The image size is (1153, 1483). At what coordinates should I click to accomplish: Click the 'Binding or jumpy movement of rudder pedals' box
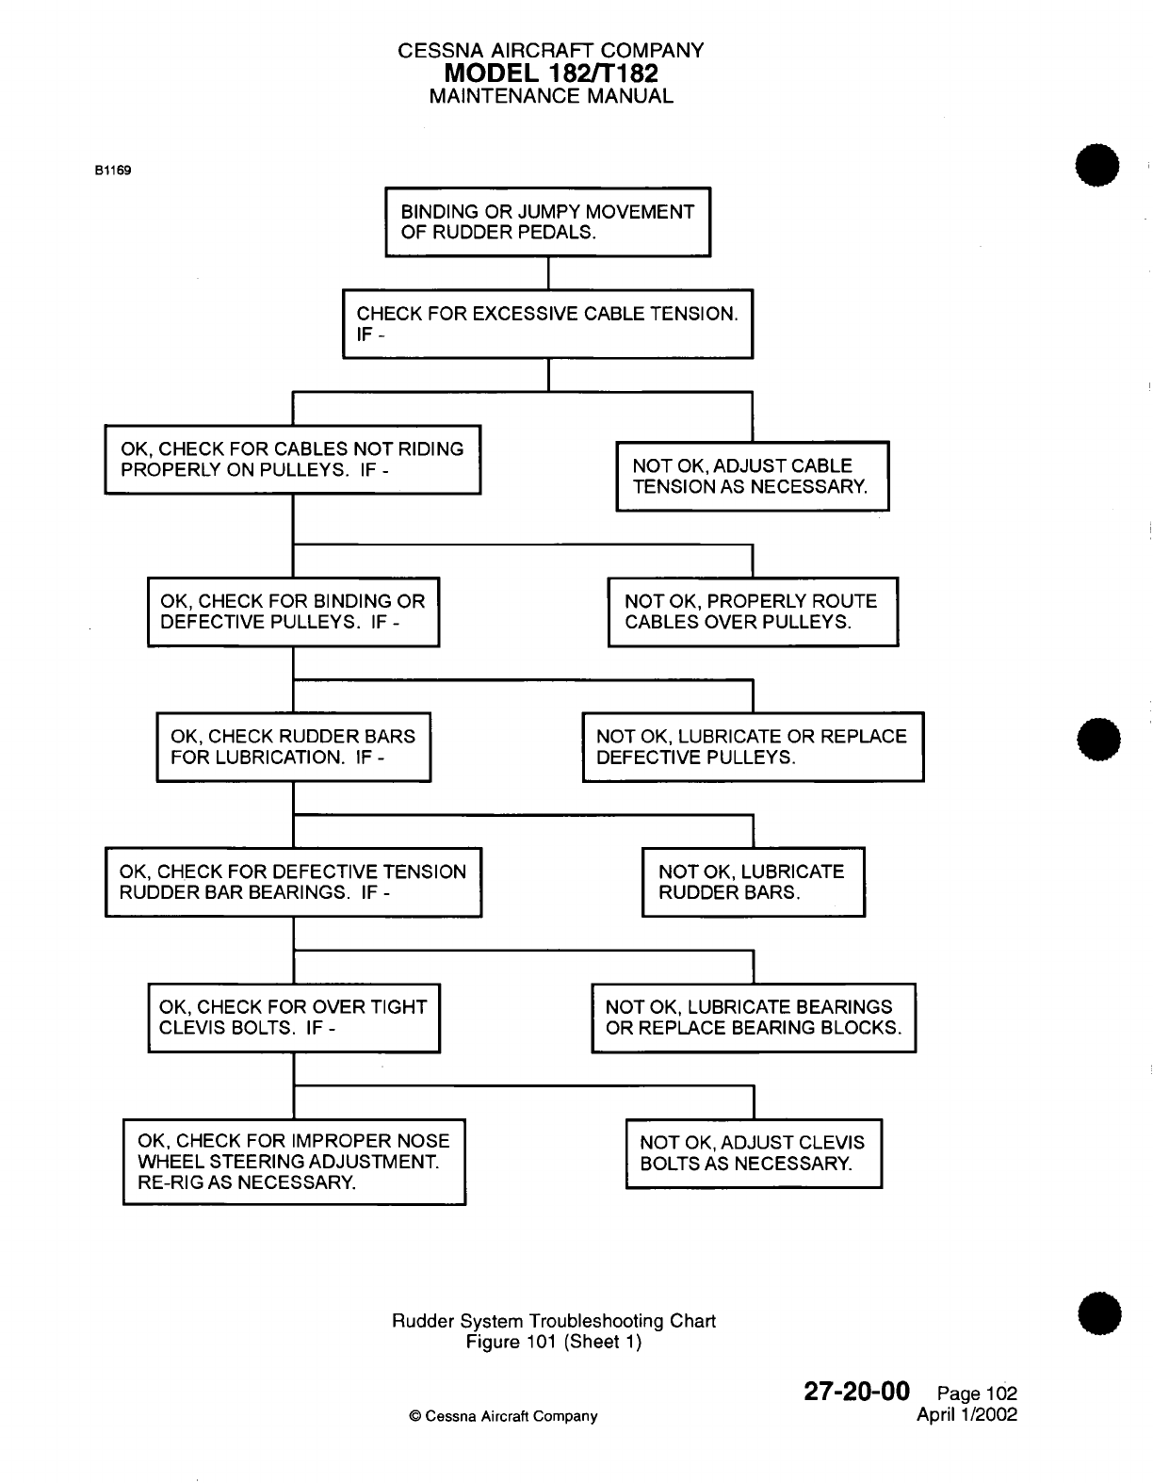point(547,222)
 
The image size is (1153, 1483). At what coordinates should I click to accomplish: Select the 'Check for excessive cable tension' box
point(547,323)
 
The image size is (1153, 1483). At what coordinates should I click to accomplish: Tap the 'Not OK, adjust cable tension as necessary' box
point(752,476)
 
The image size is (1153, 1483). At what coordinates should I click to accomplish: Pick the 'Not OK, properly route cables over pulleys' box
point(753,611)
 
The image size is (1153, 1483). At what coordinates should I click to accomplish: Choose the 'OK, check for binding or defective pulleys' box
point(293,611)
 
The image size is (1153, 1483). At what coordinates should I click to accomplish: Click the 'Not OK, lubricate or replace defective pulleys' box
point(753,747)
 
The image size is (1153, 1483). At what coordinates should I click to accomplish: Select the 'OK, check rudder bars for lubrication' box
point(293,747)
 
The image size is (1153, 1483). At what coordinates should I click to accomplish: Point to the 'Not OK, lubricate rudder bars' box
point(753,883)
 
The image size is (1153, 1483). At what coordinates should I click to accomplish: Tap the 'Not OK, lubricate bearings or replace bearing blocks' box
point(754,1018)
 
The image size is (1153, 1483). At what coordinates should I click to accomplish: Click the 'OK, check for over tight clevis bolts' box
point(293,1018)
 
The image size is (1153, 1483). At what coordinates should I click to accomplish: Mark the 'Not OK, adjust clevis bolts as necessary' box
point(754,1153)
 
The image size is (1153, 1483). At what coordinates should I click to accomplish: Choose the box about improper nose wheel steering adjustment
point(294,1162)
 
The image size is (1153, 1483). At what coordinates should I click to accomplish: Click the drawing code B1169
point(112,171)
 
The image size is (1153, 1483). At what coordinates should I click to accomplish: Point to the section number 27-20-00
point(856,1392)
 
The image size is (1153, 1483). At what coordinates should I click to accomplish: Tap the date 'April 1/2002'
point(966,1414)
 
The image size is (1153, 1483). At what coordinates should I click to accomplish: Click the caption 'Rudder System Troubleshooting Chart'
point(553,1321)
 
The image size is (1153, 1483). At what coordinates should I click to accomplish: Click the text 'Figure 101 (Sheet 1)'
point(553,1342)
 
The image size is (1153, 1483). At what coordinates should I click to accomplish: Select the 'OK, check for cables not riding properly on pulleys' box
point(292,459)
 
